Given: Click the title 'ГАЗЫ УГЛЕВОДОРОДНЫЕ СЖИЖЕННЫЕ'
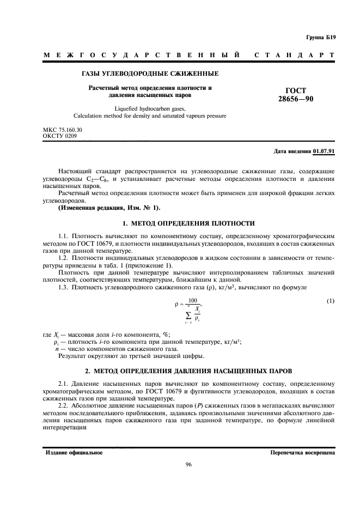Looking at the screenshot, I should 150,74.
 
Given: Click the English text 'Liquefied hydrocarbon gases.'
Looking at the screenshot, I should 150,108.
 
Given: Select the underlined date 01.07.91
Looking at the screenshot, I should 324,151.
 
